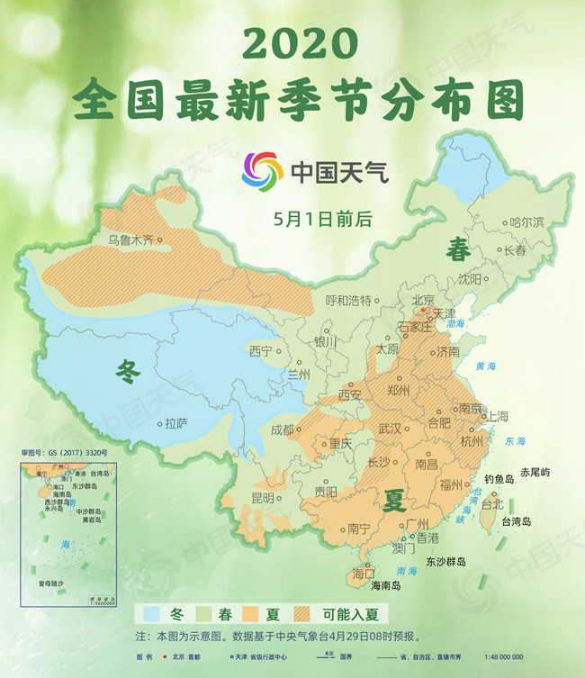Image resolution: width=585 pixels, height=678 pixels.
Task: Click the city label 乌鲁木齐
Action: click(x=130, y=240)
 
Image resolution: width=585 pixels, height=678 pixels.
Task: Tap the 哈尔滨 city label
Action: click(x=527, y=221)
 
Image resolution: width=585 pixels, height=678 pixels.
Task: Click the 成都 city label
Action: click(x=282, y=429)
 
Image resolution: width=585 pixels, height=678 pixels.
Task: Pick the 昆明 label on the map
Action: click(x=262, y=498)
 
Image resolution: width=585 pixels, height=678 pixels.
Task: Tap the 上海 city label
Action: click(x=498, y=416)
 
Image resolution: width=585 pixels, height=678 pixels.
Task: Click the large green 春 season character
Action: click(x=457, y=250)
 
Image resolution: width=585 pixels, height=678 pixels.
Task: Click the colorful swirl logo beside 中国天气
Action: click(x=262, y=171)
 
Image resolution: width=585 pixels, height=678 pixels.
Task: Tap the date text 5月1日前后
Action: click(x=315, y=218)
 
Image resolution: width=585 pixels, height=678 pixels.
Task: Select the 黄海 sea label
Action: click(x=485, y=366)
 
